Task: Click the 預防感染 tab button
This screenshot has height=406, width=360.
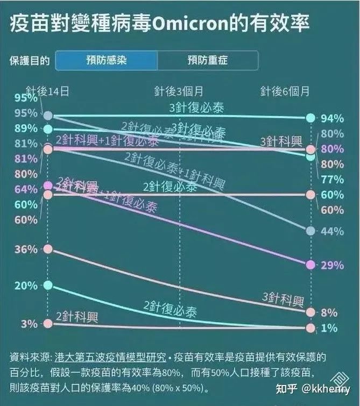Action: pyautogui.click(x=107, y=60)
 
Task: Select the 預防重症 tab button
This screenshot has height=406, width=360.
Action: pyautogui.click(x=208, y=60)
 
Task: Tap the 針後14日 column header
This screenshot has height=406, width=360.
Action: pyautogui.click(x=48, y=91)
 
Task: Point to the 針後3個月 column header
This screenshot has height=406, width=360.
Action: pyautogui.click(x=179, y=91)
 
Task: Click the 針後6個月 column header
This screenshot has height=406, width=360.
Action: pyautogui.click(x=285, y=91)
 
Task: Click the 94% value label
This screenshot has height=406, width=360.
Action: pyautogui.click(x=331, y=118)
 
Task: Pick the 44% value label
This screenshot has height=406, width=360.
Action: pyautogui.click(x=331, y=231)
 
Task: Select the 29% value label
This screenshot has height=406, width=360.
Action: pyautogui.click(x=331, y=265)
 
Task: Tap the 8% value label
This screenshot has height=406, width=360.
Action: pyautogui.click(x=329, y=312)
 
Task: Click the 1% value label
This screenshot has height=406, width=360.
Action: pyautogui.click(x=329, y=328)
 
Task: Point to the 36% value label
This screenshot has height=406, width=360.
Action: pyautogui.click(x=26, y=249)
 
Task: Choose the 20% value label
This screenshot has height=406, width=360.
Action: pyautogui.click(x=26, y=285)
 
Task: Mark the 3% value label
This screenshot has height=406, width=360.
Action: pyautogui.click(x=29, y=324)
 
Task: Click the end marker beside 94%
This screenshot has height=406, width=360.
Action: pyautogui.click(x=310, y=118)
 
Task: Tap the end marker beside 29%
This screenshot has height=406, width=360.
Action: pyautogui.click(x=310, y=265)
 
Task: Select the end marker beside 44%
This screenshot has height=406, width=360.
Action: pyautogui.click(x=310, y=231)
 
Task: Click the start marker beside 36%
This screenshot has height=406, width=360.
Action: pyautogui.click(x=48, y=249)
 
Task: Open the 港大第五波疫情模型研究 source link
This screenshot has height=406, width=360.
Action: pyautogui.click(x=110, y=357)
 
